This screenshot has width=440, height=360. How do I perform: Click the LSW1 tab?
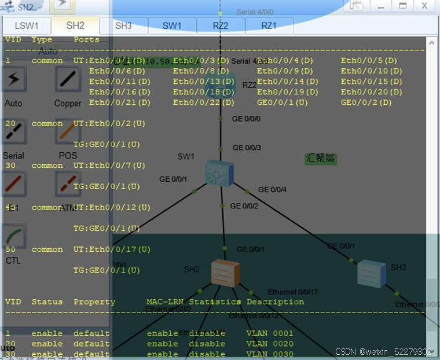[x=27, y=26]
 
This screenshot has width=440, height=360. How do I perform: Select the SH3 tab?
[x=123, y=26]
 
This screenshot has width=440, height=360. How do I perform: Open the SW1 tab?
[x=172, y=26]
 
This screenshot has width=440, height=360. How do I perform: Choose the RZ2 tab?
[x=221, y=26]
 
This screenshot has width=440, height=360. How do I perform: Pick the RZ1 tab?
[x=269, y=26]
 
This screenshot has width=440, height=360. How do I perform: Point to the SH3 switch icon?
[x=371, y=272]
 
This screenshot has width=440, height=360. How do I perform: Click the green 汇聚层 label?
[x=321, y=159]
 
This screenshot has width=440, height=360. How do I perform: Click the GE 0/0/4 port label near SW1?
[x=272, y=189]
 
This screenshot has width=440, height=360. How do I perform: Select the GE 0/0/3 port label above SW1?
[x=247, y=148]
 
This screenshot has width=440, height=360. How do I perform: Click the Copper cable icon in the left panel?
[x=68, y=80]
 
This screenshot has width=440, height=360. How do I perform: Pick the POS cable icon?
[x=68, y=134]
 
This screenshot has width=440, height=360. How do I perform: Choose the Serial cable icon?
[x=13, y=134]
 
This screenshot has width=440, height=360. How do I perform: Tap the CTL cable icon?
[x=13, y=238]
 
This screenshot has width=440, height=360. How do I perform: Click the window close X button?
[x=424, y=6]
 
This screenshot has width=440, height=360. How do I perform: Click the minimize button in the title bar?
[x=381, y=6]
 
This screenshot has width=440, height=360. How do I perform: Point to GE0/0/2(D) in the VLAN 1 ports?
[x=366, y=102]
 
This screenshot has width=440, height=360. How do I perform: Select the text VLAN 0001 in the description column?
[x=270, y=333]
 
